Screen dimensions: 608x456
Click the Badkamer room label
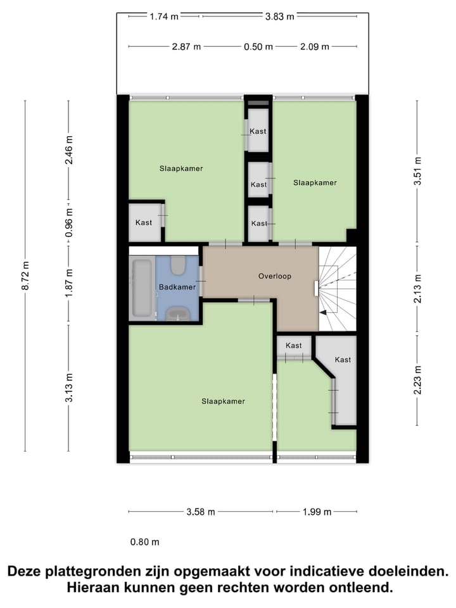point(177,287)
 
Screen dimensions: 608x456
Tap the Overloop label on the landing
point(274,276)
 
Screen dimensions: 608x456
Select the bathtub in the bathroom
point(142,288)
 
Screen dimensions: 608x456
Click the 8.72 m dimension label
point(25,276)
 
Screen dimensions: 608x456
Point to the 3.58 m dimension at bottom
point(201,512)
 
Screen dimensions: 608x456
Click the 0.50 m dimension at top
point(258,46)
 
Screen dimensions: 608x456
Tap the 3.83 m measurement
point(279,17)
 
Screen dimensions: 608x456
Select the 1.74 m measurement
point(164,17)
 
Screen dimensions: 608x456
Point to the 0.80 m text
point(145,542)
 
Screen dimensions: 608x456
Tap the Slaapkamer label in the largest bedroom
point(223,401)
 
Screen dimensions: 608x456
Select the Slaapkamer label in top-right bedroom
point(315,182)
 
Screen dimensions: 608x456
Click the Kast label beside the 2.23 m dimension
point(343,360)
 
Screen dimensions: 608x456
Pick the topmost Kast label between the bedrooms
point(258,131)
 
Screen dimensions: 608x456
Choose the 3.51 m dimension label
point(417,171)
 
